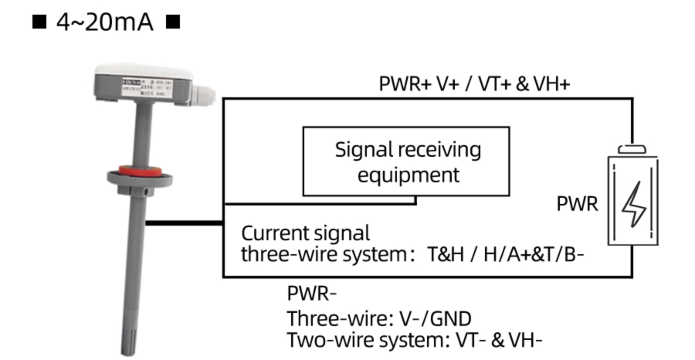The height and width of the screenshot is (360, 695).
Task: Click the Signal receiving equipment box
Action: coord(406,161)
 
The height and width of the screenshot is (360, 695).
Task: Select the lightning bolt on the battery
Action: coord(633,204)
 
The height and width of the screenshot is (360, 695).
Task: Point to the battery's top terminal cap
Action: coord(632,148)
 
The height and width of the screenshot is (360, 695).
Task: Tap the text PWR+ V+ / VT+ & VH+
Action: coord(474,84)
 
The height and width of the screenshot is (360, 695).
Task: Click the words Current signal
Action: coord(306,233)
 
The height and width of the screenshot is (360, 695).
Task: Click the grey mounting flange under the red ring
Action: coord(138,182)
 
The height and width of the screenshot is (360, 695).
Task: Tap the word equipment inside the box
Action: coord(406,175)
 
